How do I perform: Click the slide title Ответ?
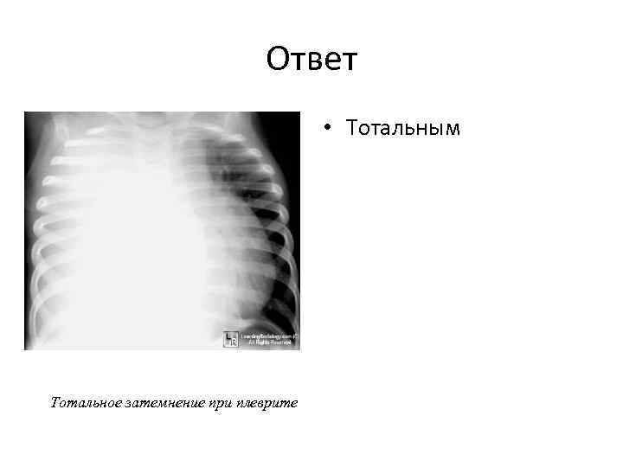click(x=311, y=61)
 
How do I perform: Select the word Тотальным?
click(x=403, y=129)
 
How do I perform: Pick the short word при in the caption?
click(x=221, y=403)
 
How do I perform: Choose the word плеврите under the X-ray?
click(x=267, y=403)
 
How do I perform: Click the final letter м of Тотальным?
click(x=453, y=130)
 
